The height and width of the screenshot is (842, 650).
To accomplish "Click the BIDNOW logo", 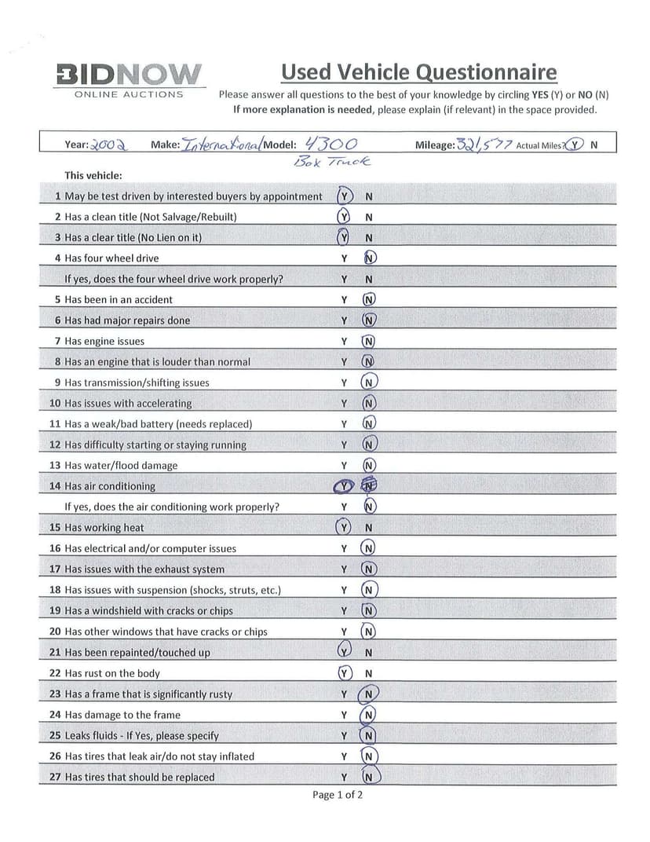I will (129, 75).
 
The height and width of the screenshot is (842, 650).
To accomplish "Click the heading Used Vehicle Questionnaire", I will (418, 72).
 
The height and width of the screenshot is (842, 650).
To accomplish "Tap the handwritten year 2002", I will (109, 145).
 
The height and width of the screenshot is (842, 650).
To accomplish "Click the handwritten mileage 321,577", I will (484, 145).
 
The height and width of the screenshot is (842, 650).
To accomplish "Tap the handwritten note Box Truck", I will (330, 162).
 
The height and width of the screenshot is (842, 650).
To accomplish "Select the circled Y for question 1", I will (344, 196).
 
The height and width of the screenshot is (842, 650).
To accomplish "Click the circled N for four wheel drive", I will (371, 258).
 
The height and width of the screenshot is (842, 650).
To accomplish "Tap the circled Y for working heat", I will (343, 527).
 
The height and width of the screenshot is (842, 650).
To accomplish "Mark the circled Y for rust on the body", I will (343, 673).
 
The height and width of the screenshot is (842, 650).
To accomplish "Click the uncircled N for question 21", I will (368, 652).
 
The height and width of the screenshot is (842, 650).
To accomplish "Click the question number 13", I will (55, 465).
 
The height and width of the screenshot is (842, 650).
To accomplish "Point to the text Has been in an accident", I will (119, 299).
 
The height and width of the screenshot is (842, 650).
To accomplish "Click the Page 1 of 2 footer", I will (338, 795).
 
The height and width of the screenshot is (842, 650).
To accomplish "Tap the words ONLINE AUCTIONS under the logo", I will (129, 94).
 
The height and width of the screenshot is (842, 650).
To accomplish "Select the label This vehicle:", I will (93, 175).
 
